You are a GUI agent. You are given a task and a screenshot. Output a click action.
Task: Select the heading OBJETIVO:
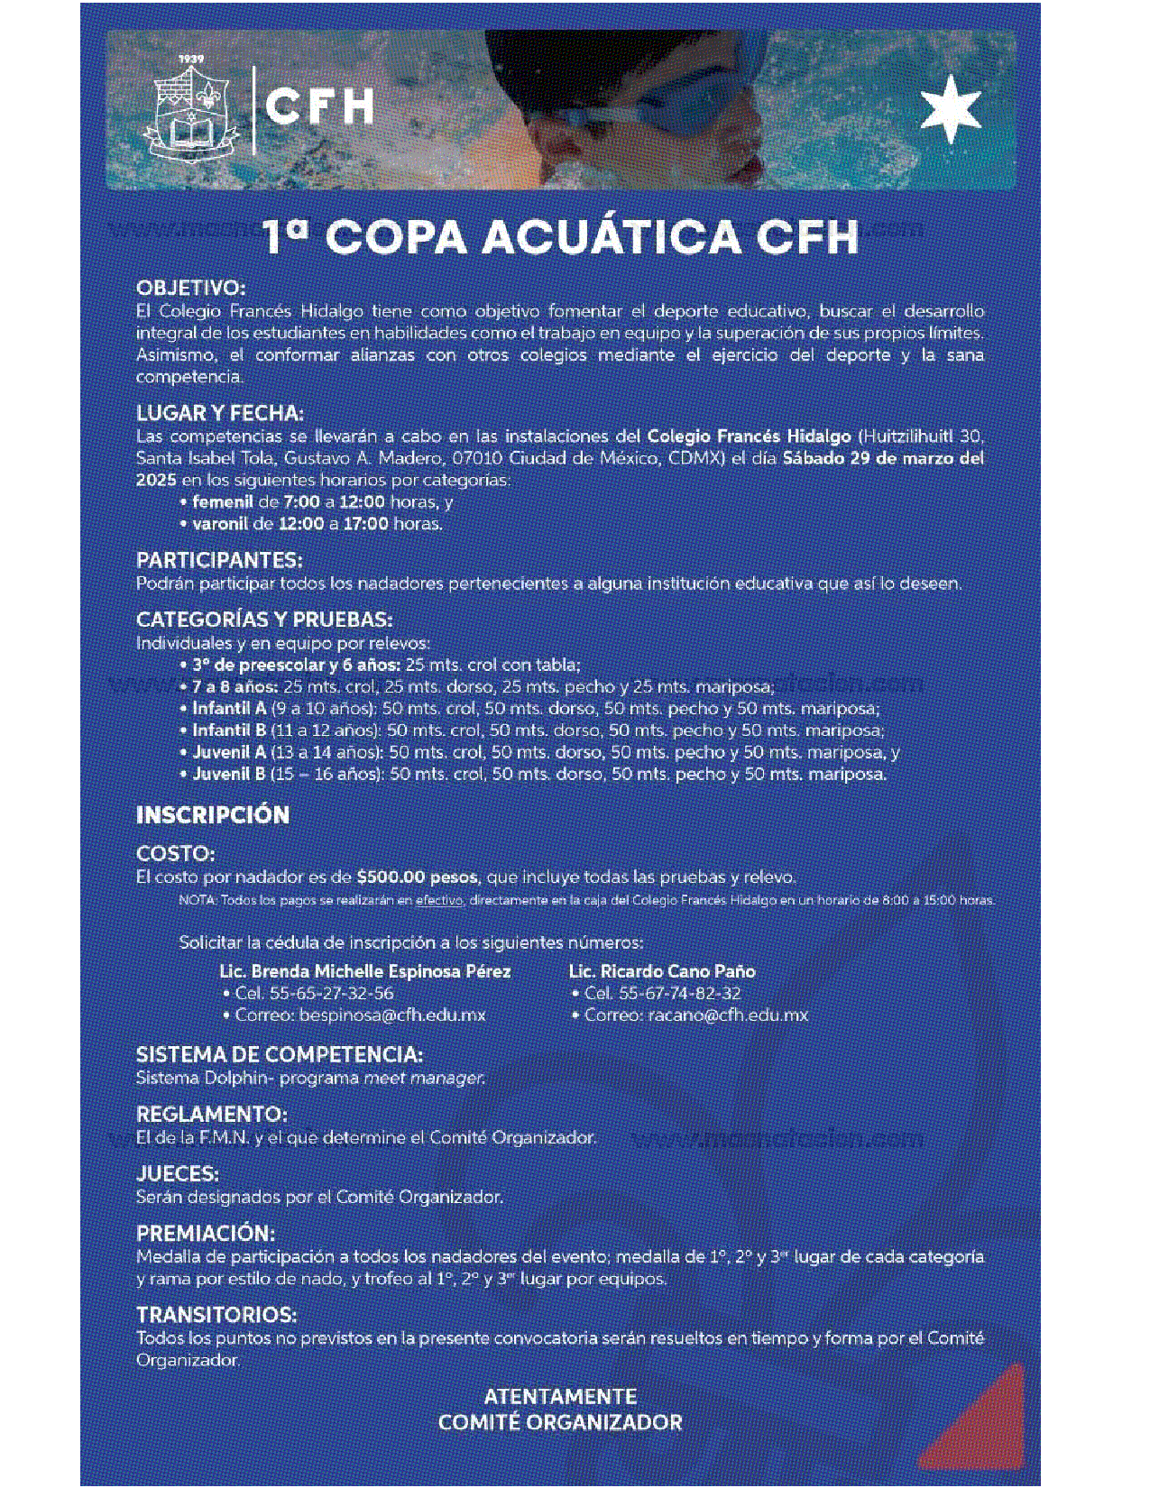pyautogui.click(x=190, y=289)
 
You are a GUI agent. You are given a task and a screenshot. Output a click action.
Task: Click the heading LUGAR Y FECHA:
pyautogui.click(x=220, y=413)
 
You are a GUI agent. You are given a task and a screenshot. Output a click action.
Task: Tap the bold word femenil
pyautogui.click(x=223, y=501)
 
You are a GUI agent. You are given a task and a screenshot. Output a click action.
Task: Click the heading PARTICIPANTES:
pyautogui.click(x=219, y=560)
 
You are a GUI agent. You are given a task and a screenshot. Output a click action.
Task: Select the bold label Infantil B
pyautogui.click(x=229, y=730)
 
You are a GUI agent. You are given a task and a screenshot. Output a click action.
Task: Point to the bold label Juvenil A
pyautogui.click(x=229, y=752)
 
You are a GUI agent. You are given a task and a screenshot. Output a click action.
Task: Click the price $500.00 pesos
pyautogui.click(x=418, y=877)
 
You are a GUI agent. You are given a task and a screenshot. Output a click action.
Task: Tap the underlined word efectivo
pyautogui.click(x=439, y=900)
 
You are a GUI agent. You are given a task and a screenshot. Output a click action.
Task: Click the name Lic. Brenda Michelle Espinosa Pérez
pyautogui.click(x=365, y=971)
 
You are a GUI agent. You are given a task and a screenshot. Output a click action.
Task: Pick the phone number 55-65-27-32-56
pyautogui.click(x=331, y=993)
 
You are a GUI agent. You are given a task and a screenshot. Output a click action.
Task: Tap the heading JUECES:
pyautogui.click(x=178, y=1173)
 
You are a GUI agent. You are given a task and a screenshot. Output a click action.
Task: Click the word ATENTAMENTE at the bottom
pyautogui.click(x=560, y=1396)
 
